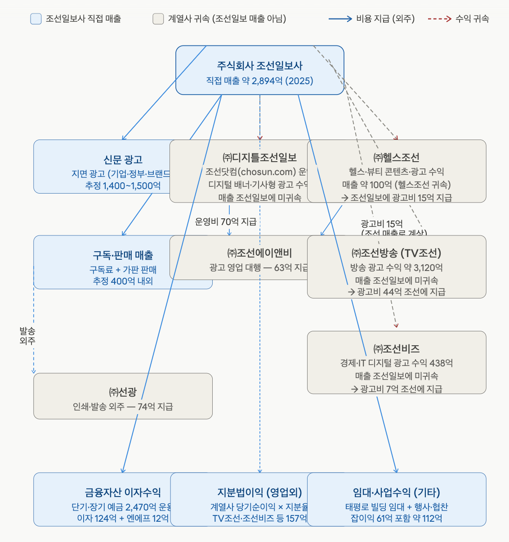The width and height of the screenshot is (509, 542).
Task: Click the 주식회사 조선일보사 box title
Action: (259, 66)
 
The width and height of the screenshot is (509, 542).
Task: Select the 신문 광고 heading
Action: (123, 160)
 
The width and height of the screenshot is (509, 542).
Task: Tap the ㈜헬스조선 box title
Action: (396, 158)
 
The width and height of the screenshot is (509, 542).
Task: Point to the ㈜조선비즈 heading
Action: (396, 349)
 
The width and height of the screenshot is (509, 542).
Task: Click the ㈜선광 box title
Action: (123, 392)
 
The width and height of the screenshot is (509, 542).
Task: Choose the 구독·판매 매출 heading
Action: (123, 255)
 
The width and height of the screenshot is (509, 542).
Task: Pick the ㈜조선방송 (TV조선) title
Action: (396, 253)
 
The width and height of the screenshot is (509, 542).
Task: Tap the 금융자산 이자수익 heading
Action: (123, 492)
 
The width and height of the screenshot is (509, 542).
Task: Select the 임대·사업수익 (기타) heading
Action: (396, 492)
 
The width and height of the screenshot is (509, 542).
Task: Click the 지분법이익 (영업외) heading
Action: (259, 492)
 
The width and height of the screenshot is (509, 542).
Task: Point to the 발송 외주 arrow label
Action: (27, 336)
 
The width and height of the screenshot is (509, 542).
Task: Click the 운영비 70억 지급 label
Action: (226, 221)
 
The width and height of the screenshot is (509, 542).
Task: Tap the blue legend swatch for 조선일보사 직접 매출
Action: (36, 19)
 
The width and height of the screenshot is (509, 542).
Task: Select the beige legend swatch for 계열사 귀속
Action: (158, 19)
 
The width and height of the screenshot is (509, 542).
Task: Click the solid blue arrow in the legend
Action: (340, 19)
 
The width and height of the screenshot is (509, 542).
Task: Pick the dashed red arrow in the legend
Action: (439, 19)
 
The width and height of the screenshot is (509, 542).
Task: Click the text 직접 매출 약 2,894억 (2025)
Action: (259, 81)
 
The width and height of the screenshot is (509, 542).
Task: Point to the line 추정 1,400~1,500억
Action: (123, 185)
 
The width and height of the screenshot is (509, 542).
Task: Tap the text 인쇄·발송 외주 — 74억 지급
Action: (123, 407)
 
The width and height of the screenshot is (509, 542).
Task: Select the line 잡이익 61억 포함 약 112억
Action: (396, 518)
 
